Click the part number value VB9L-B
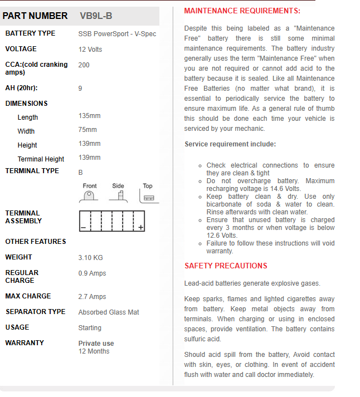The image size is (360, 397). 99,16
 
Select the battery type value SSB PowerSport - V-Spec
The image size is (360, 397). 117,34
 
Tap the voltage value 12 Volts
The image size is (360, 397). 90,50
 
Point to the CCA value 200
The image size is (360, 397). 84,65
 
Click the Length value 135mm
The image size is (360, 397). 90,116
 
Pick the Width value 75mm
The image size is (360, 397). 87,130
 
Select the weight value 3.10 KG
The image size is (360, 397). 91,258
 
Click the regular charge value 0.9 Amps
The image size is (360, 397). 92,273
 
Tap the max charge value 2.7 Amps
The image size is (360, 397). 92,297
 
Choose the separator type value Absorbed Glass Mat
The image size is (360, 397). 109,312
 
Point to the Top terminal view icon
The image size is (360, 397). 148,197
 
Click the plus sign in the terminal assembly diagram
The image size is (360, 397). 141,227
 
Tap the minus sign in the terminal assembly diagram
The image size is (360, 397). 83,228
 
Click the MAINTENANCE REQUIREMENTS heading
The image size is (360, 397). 242,11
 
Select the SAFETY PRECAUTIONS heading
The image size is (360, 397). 226,266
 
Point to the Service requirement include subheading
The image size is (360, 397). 230,144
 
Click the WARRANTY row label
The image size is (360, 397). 25,343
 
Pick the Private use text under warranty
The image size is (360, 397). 96,344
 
